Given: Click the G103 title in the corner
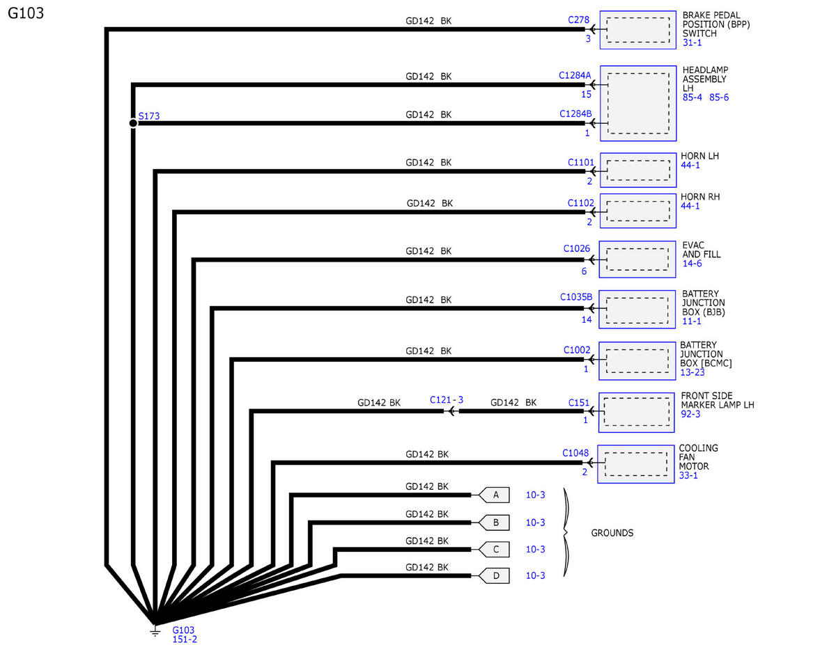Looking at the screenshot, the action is [x=26, y=13].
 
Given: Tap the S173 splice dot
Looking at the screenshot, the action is [x=133, y=123].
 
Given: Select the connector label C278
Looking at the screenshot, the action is [x=578, y=20].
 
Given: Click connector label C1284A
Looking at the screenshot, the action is [x=574, y=75].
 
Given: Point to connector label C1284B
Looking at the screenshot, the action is [x=575, y=113].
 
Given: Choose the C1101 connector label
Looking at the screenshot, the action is [x=581, y=163].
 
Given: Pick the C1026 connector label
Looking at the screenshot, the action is [x=576, y=248].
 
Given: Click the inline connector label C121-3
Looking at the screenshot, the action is [x=447, y=400].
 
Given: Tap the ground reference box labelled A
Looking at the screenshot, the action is [x=494, y=495].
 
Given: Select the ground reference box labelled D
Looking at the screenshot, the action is [x=494, y=575].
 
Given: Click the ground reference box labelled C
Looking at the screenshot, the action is [x=494, y=550].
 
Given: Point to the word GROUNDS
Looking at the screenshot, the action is [x=612, y=533].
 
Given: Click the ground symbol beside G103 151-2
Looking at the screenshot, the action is [x=155, y=632].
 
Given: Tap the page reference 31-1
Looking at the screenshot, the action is [x=692, y=42].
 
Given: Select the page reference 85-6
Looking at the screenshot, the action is [x=719, y=97].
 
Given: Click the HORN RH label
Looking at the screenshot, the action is [x=700, y=197].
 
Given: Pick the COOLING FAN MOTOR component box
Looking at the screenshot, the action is [x=635, y=464].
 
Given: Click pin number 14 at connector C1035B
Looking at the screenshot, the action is [x=587, y=319].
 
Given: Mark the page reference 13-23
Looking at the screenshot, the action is [x=692, y=372].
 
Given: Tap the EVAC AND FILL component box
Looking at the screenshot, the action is [x=637, y=260].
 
